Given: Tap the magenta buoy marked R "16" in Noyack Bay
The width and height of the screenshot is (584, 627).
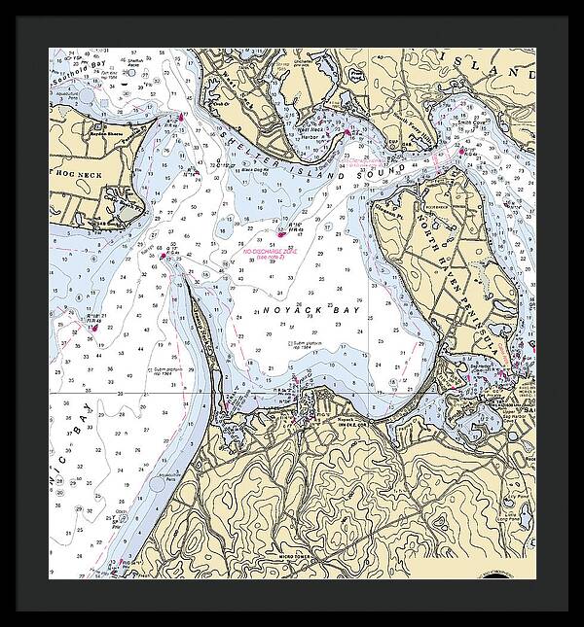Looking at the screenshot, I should pyautogui.click(x=282, y=233).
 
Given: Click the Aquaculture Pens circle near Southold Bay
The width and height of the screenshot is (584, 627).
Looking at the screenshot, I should pyautogui.click(x=86, y=98).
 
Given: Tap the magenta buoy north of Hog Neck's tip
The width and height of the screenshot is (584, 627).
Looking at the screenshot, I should pyautogui.click(x=181, y=118).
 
